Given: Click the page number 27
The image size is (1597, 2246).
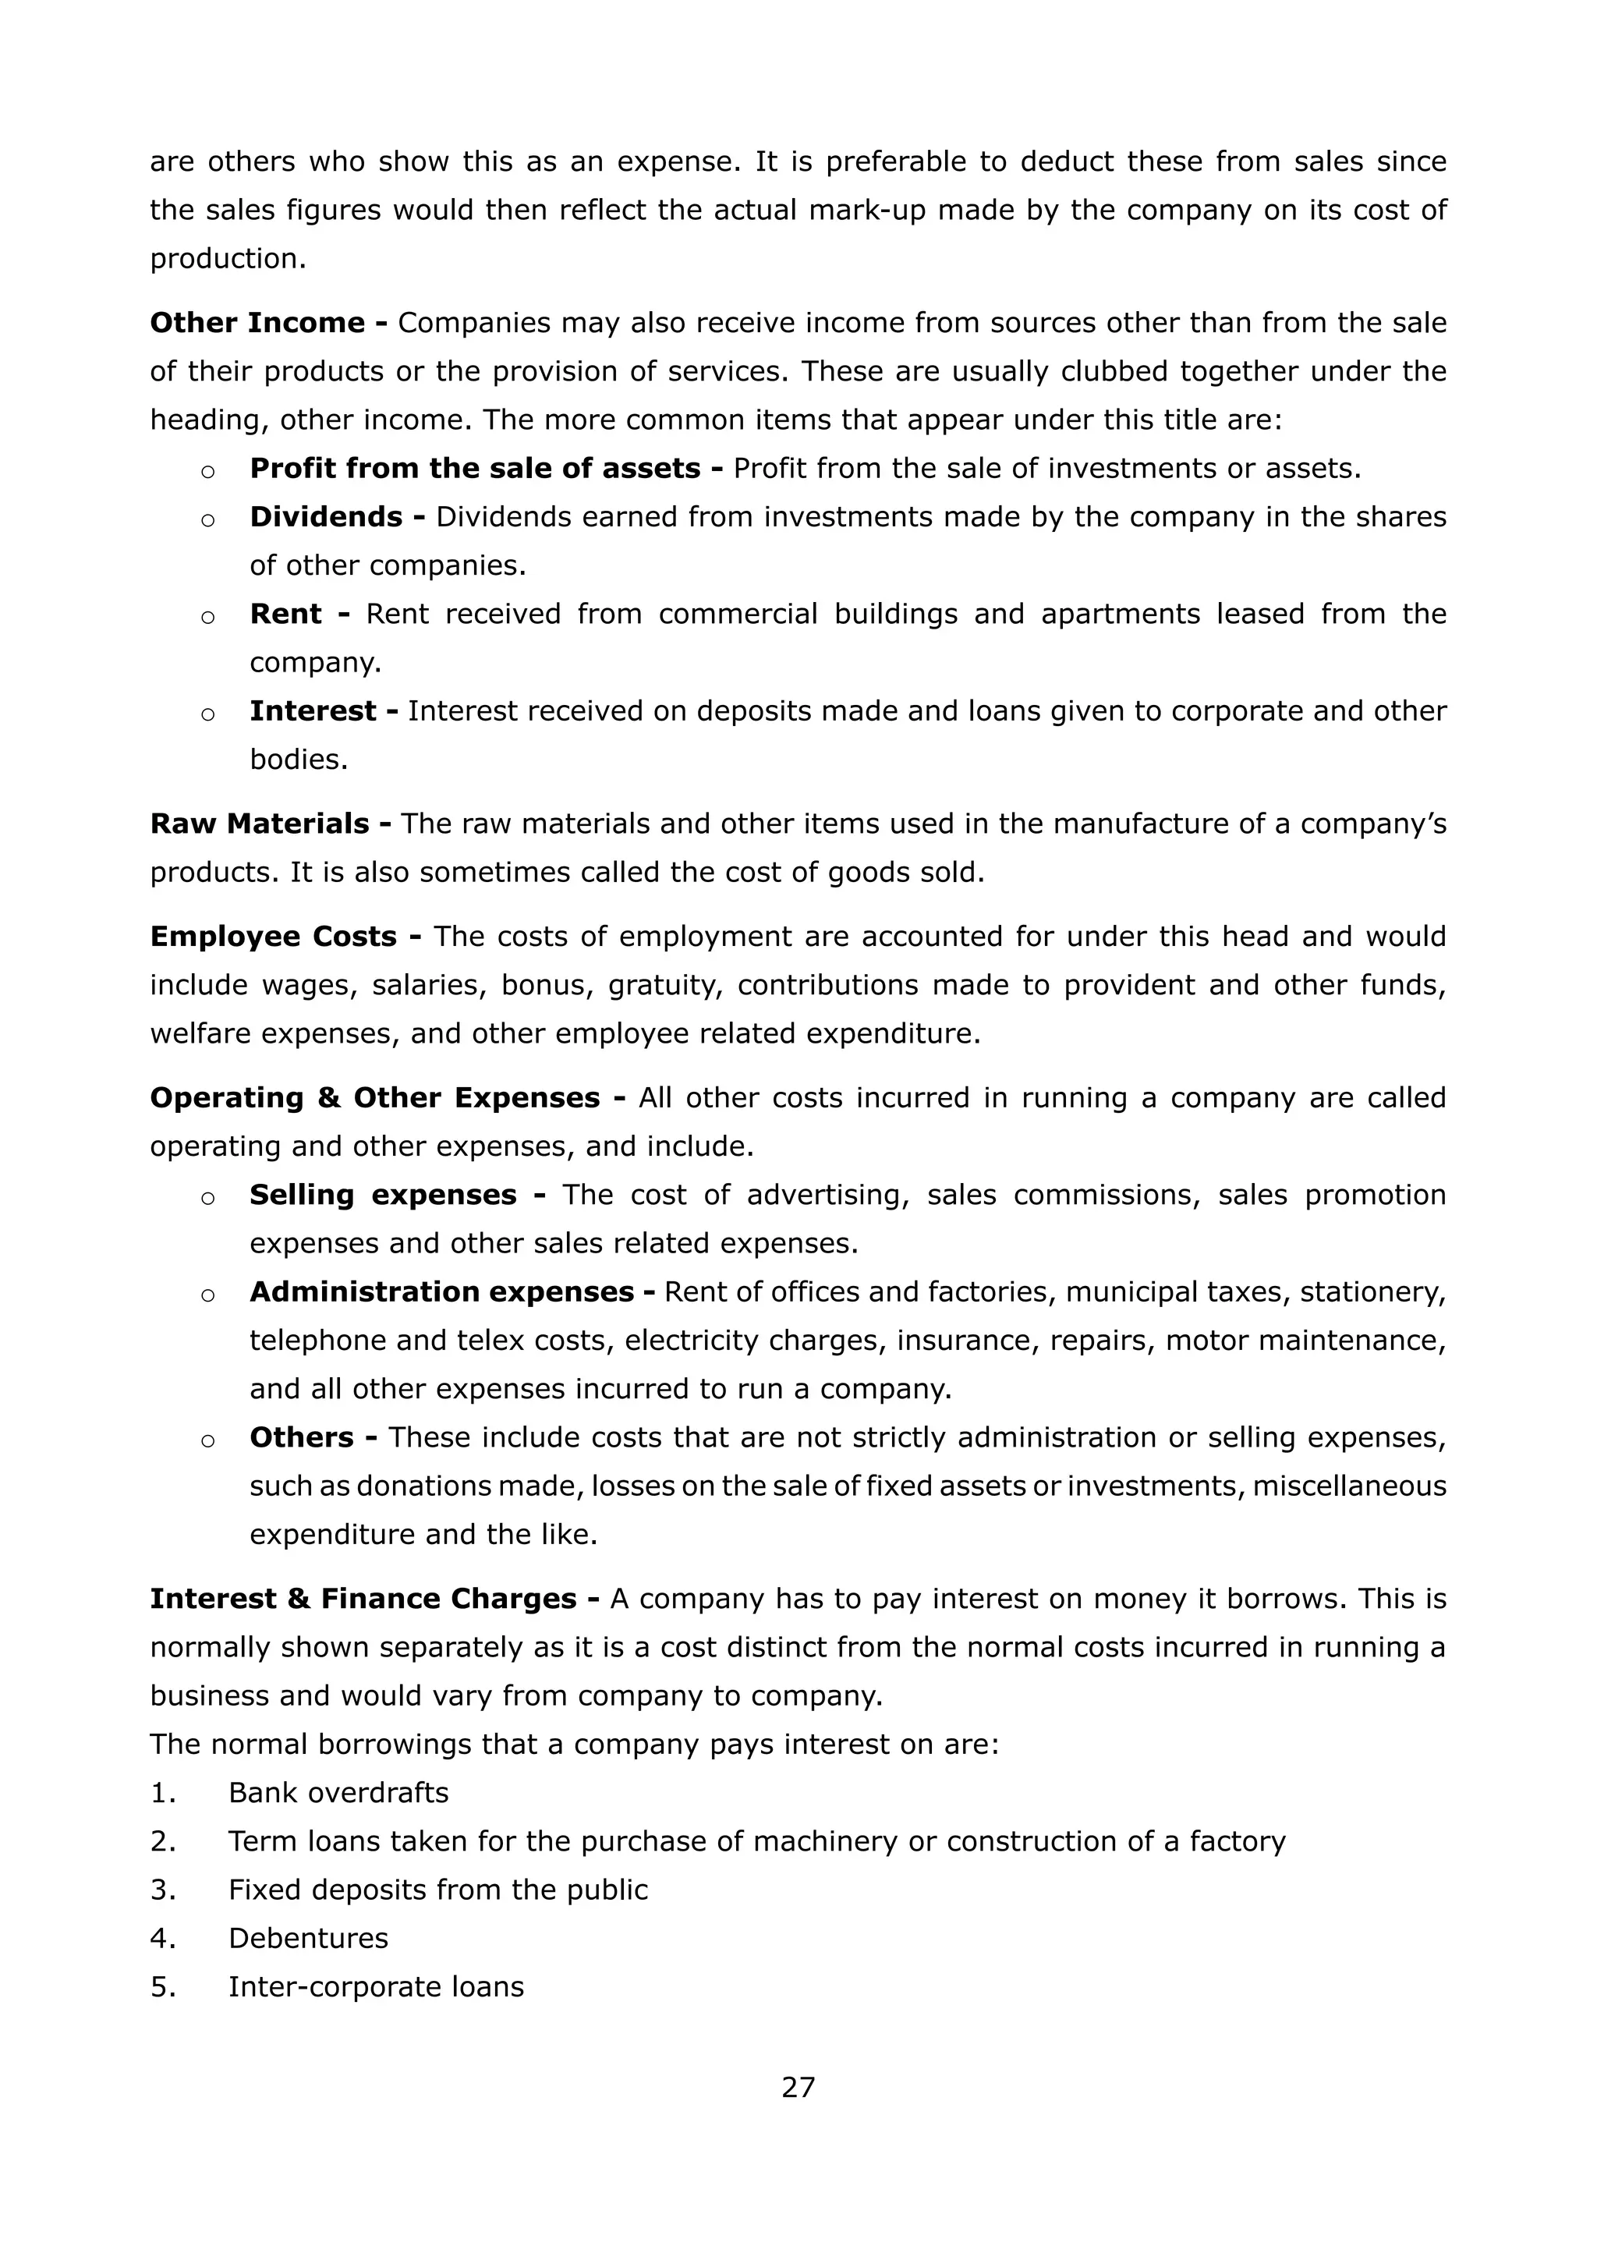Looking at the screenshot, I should [798, 2087].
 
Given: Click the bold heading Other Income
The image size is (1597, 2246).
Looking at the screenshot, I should [257, 323].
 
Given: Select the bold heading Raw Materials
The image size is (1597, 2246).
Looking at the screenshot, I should [260, 823].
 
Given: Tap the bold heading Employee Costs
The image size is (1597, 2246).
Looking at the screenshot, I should [274, 936].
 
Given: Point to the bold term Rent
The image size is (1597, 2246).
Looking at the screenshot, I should [285, 614].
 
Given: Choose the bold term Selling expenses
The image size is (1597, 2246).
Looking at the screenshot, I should [383, 1195].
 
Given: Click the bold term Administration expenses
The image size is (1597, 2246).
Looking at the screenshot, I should [441, 1292].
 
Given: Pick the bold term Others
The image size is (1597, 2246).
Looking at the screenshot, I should [301, 1438].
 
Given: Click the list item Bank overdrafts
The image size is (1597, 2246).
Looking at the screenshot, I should [338, 1793].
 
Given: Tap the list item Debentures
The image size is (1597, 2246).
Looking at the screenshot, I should [308, 1938].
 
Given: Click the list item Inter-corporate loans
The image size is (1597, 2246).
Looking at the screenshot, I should [376, 1986].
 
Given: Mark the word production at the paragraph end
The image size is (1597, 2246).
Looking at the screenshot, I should [225, 259].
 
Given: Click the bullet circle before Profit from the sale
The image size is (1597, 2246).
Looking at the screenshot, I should [207, 471].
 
